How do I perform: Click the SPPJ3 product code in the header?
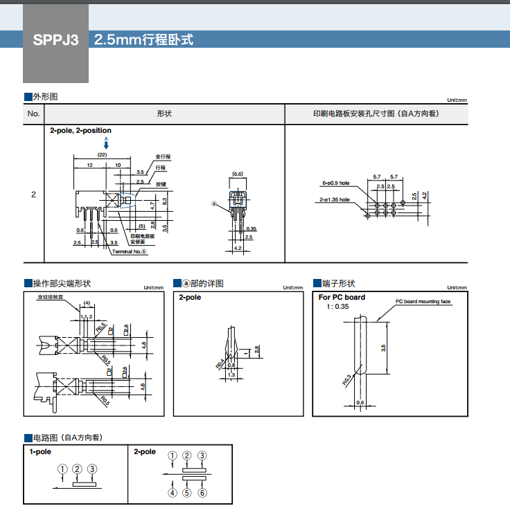(x=56, y=40)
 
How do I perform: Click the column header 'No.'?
(x=33, y=114)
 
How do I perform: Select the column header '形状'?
(x=164, y=114)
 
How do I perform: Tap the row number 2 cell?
(x=33, y=195)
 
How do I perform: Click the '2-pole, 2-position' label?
(x=80, y=130)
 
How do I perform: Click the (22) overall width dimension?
(x=103, y=155)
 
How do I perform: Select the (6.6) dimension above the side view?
(x=238, y=174)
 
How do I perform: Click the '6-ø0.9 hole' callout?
(x=336, y=183)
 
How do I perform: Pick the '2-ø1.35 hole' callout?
(x=335, y=200)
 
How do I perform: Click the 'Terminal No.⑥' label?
(x=129, y=251)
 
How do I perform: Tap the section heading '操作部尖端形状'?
(x=62, y=284)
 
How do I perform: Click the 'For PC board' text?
(x=342, y=297)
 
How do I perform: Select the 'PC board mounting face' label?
(x=423, y=301)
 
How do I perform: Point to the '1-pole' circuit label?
(x=40, y=451)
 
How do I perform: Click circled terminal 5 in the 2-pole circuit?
(x=187, y=493)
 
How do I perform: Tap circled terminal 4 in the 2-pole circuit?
(x=172, y=493)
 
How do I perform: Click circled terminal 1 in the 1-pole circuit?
(x=63, y=469)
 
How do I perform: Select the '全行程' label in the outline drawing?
(x=163, y=156)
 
